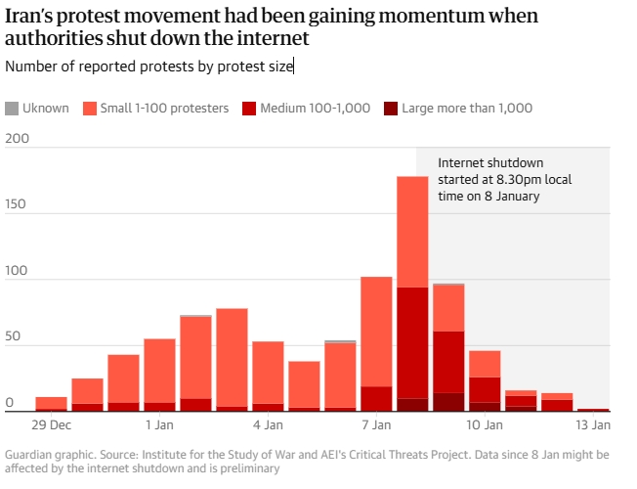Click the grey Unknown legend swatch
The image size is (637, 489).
tap(12, 108)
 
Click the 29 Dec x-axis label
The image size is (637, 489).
tap(51, 425)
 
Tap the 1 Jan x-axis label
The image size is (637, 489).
tap(159, 425)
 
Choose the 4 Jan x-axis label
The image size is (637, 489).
tap(268, 425)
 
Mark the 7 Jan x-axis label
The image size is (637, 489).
tap(376, 425)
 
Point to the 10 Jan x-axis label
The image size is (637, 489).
tap(485, 425)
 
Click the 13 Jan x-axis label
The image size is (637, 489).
tap(593, 425)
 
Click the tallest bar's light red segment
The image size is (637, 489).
tap(412, 232)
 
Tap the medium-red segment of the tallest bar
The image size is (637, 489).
tap(412, 342)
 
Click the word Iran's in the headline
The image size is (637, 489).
tap(30, 17)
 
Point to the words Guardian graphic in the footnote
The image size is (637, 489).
tap(46, 455)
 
